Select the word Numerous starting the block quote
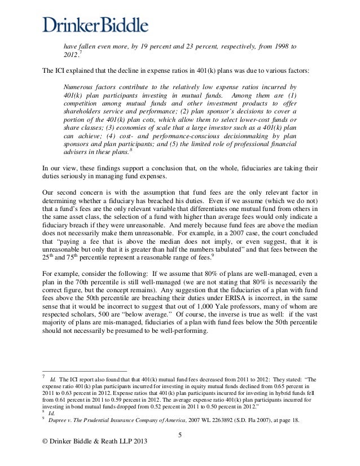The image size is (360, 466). click(x=81, y=87)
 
